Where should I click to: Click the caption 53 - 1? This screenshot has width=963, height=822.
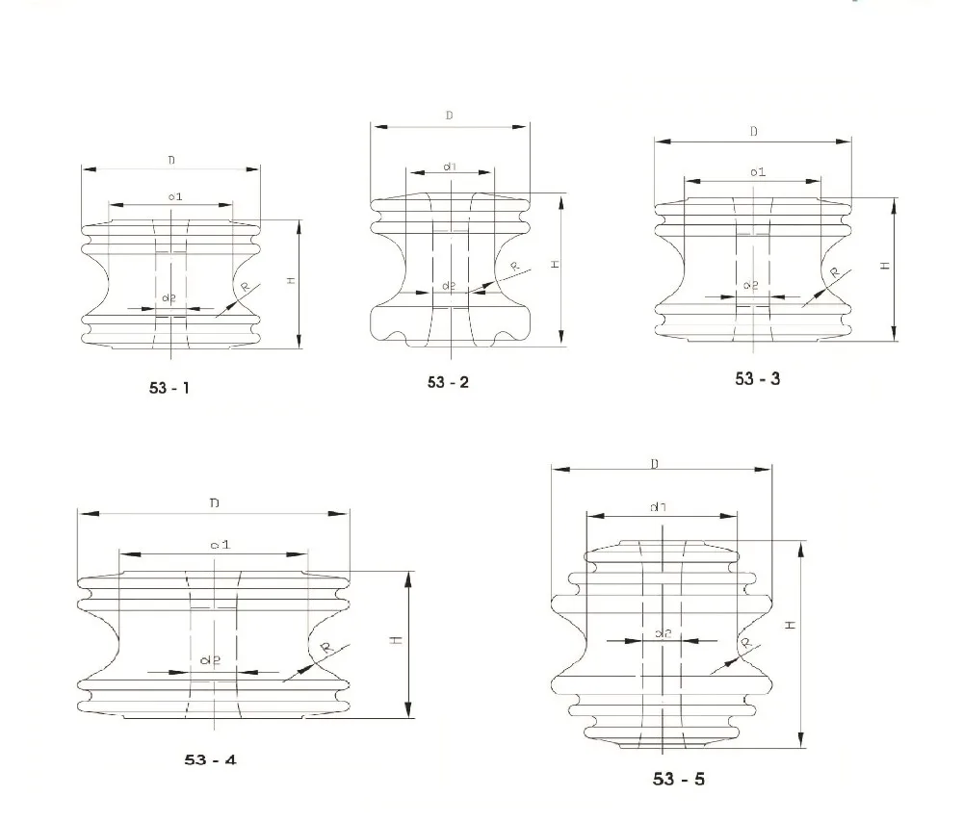point(169,389)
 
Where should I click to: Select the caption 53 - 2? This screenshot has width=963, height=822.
point(449,382)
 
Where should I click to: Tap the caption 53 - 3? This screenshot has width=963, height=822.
point(758,378)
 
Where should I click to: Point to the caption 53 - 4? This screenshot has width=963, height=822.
point(210,759)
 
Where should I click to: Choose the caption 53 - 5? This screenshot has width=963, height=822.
point(678,779)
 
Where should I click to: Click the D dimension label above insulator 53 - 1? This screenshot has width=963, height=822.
point(171,161)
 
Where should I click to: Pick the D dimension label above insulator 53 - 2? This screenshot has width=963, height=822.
point(450,116)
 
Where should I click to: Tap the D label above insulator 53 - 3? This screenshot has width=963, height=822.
point(753,132)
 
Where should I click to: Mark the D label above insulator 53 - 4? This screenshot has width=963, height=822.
point(214,503)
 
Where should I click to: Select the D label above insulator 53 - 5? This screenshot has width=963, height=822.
point(655,464)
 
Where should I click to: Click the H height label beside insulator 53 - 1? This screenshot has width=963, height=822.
point(291,281)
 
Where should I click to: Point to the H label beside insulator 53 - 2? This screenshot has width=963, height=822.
point(556,265)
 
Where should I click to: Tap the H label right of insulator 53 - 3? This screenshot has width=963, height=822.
point(885,267)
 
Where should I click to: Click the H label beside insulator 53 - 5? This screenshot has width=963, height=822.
point(790,625)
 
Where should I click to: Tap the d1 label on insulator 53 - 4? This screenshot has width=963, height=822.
point(220,545)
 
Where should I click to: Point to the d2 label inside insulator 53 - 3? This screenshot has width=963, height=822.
point(752,286)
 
